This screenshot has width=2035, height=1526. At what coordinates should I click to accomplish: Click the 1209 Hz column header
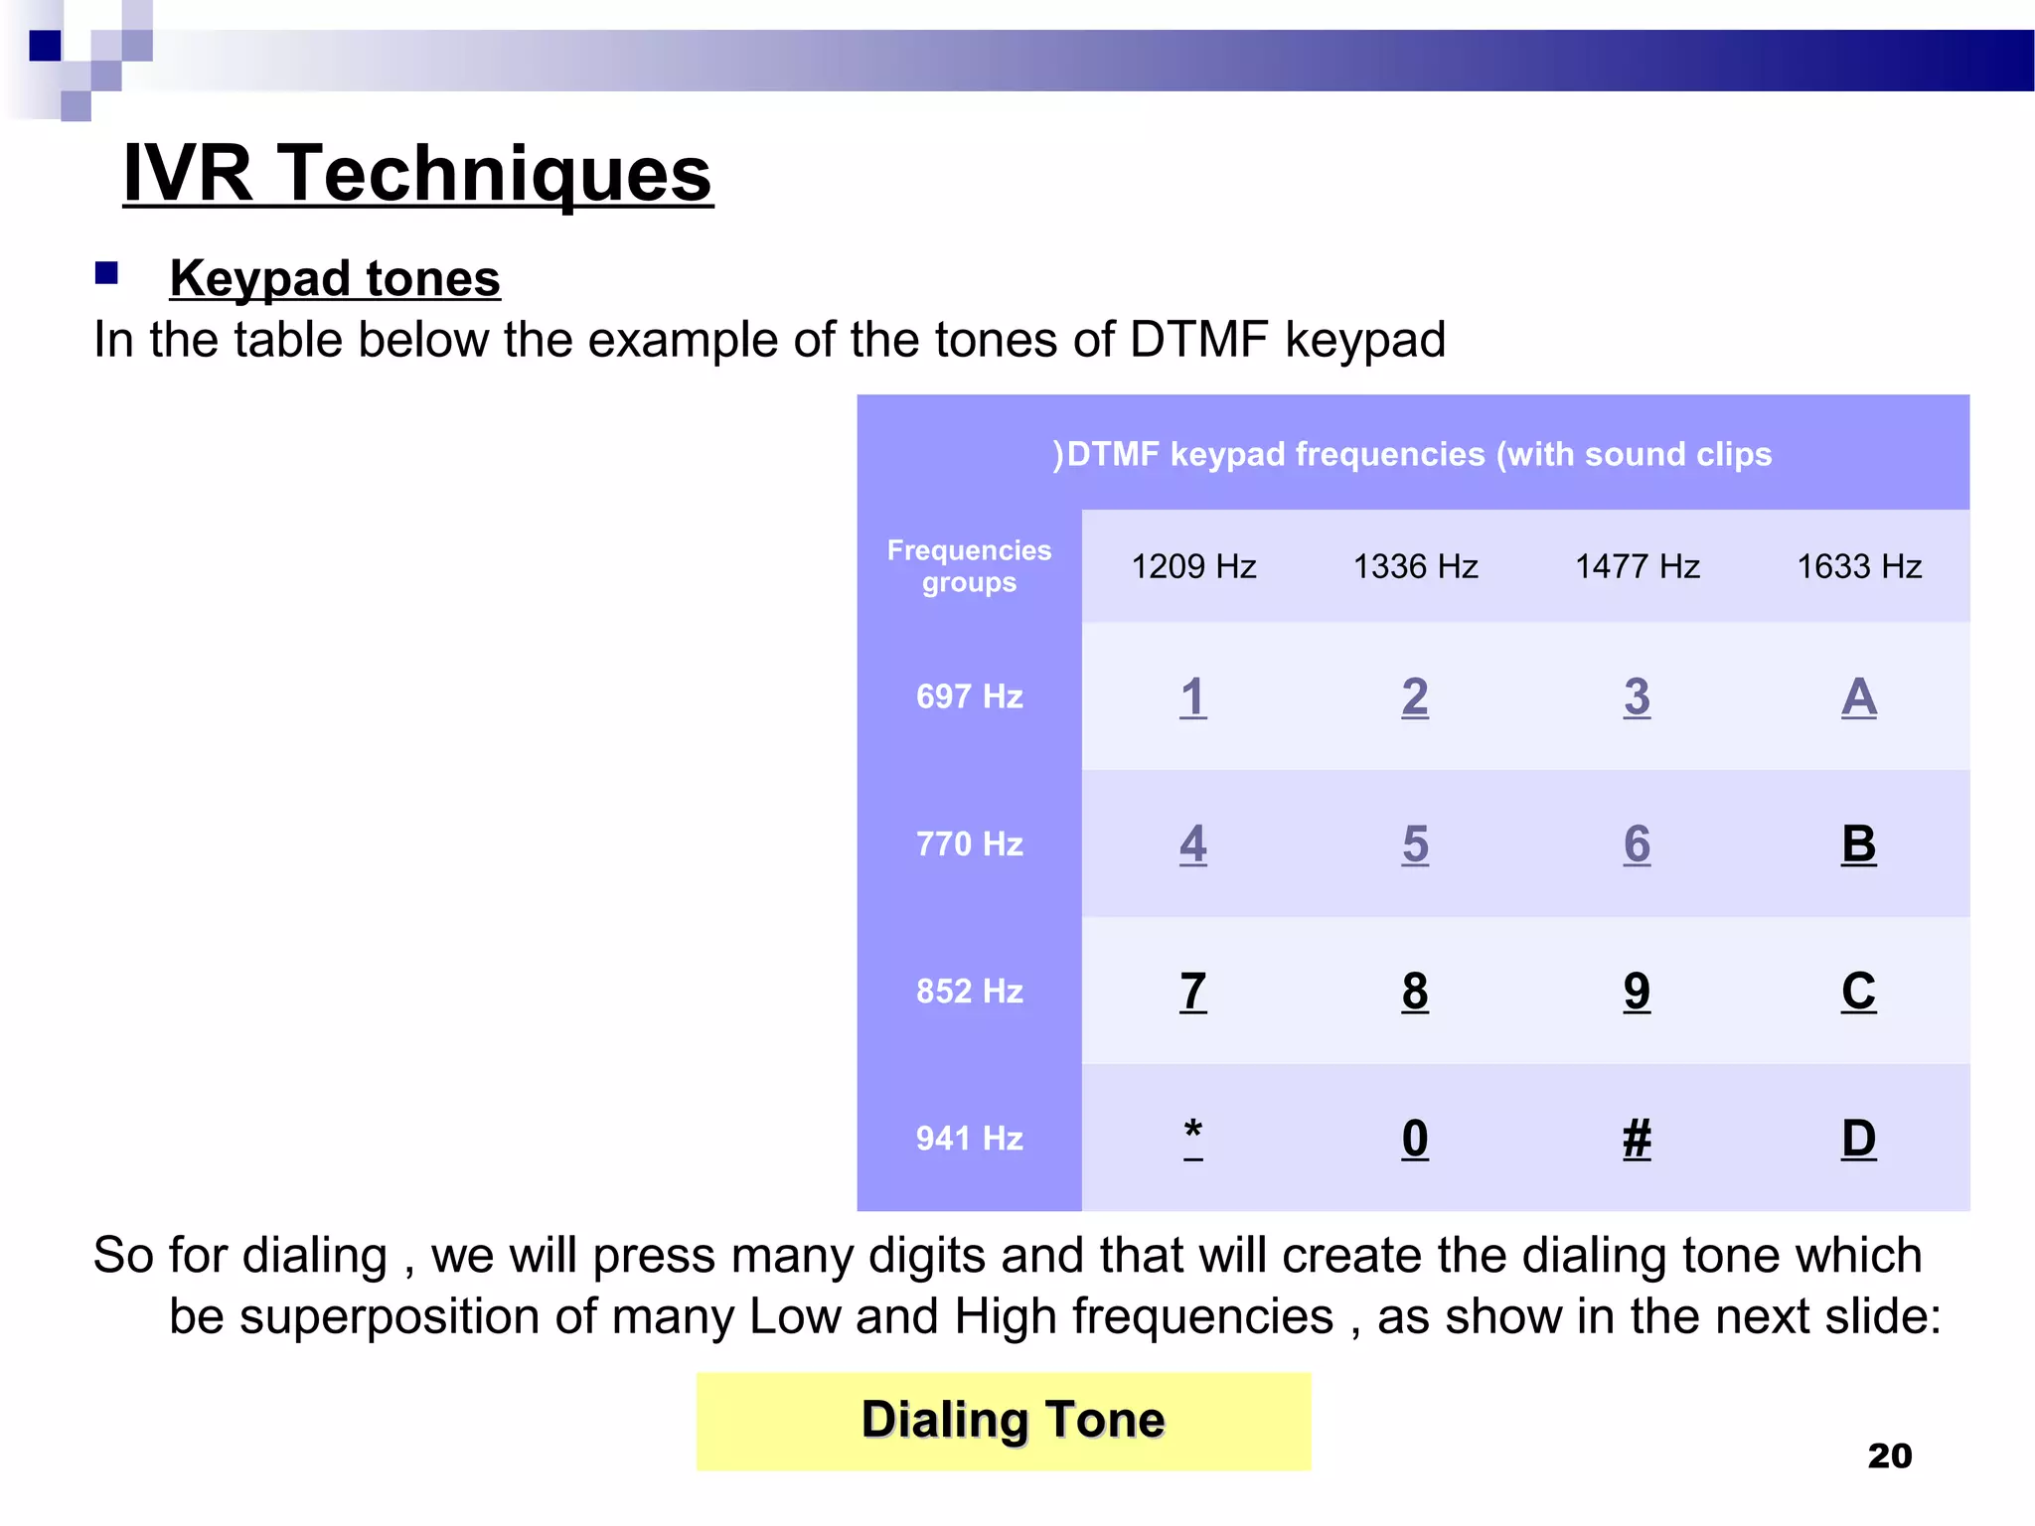click(x=1193, y=566)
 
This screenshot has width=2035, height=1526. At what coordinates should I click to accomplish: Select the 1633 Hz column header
click(x=1858, y=566)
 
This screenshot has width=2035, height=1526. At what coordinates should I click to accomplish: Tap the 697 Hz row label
click(x=969, y=696)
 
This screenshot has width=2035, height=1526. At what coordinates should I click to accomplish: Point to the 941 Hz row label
click(x=969, y=1138)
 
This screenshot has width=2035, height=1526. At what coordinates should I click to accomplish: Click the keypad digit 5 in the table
click(x=1415, y=844)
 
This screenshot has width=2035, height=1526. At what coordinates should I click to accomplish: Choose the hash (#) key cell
click(x=1637, y=1139)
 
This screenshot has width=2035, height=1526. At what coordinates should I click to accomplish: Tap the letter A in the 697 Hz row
click(x=1858, y=696)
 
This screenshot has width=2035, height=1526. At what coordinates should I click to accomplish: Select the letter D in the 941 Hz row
click(x=1858, y=1139)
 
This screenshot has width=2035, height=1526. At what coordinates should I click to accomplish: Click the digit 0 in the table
click(x=1415, y=1139)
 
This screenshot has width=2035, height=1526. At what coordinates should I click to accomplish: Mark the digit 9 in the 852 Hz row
click(x=1637, y=992)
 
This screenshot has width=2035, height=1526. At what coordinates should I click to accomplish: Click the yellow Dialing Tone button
click(x=1004, y=1420)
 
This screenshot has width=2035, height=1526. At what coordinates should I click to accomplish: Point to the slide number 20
click(x=1889, y=1455)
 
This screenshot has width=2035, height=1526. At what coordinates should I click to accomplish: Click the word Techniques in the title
click(x=494, y=174)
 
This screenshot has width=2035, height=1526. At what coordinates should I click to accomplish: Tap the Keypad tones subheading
click(x=335, y=278)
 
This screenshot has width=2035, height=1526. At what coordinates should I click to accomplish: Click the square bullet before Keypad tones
click(x=106, y=273)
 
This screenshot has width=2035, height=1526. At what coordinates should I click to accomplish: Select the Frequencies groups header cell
click(x=969, y=566)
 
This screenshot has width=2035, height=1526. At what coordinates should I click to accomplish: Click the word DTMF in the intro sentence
click(x=1198, y=340)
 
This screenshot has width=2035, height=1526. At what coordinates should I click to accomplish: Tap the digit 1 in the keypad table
click(x=1193, y=696)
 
